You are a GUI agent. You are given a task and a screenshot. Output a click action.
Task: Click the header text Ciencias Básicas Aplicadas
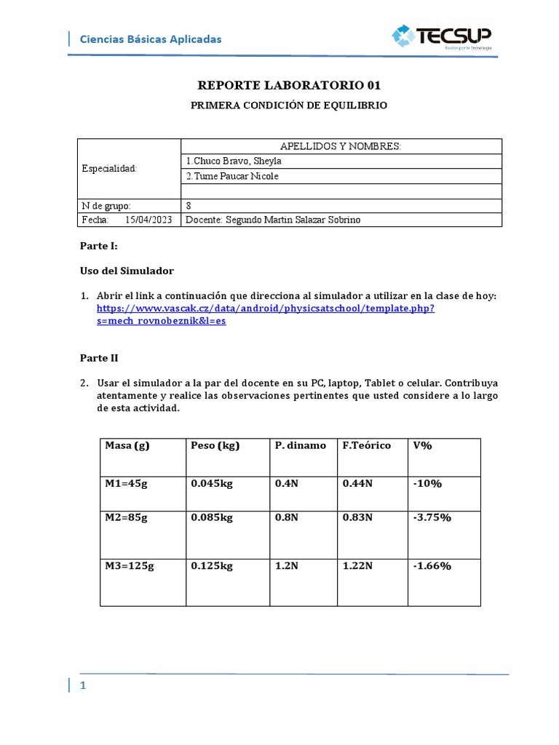click(x=150, y=39)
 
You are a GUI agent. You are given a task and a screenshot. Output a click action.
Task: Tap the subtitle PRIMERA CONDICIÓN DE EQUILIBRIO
click(x=289, y=105)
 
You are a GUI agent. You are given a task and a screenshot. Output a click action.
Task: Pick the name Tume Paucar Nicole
click(x=232, y=176)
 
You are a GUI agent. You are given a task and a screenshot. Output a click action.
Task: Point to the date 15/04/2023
click(x=148, y=220)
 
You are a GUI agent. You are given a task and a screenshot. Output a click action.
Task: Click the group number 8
click(x=189, y=205)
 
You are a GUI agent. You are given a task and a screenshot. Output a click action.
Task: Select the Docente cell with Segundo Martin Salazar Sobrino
click(x=273, y=220)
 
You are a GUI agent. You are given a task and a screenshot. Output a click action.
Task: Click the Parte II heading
click(x=98, y=358)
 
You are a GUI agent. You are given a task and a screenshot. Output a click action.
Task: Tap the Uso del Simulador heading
click(x=127, y=271)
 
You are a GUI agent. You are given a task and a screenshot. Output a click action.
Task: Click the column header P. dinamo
click(x=301, y=445)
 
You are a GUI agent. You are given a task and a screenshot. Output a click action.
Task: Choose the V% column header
click(x=422, y=445)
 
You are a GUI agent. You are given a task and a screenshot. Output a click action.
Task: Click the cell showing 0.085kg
click(x=212, y=517)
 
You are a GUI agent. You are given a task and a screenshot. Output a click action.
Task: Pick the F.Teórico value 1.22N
click(x=357, y=566)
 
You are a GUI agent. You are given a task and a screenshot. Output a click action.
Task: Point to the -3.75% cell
click(x=432, y=517)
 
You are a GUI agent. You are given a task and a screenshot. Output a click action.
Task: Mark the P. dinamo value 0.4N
click(x=285, y=484)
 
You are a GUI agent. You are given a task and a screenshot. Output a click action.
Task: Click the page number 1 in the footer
click(x=84, y=686)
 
